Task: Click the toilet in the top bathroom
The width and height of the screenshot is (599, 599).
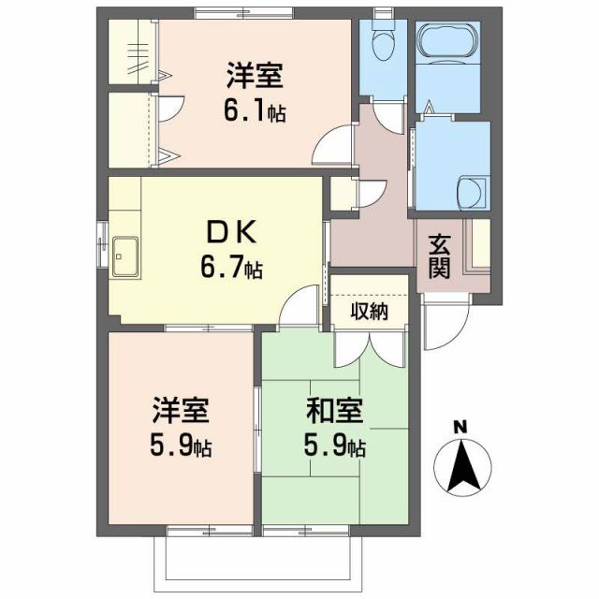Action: coord(384,43)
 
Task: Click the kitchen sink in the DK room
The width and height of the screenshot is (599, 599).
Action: coord(124,255)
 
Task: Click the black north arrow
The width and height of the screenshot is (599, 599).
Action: coord(460,467)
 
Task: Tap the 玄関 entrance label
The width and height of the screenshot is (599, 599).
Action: coord(440,256)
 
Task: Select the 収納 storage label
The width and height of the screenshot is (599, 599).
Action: coord(369,311)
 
